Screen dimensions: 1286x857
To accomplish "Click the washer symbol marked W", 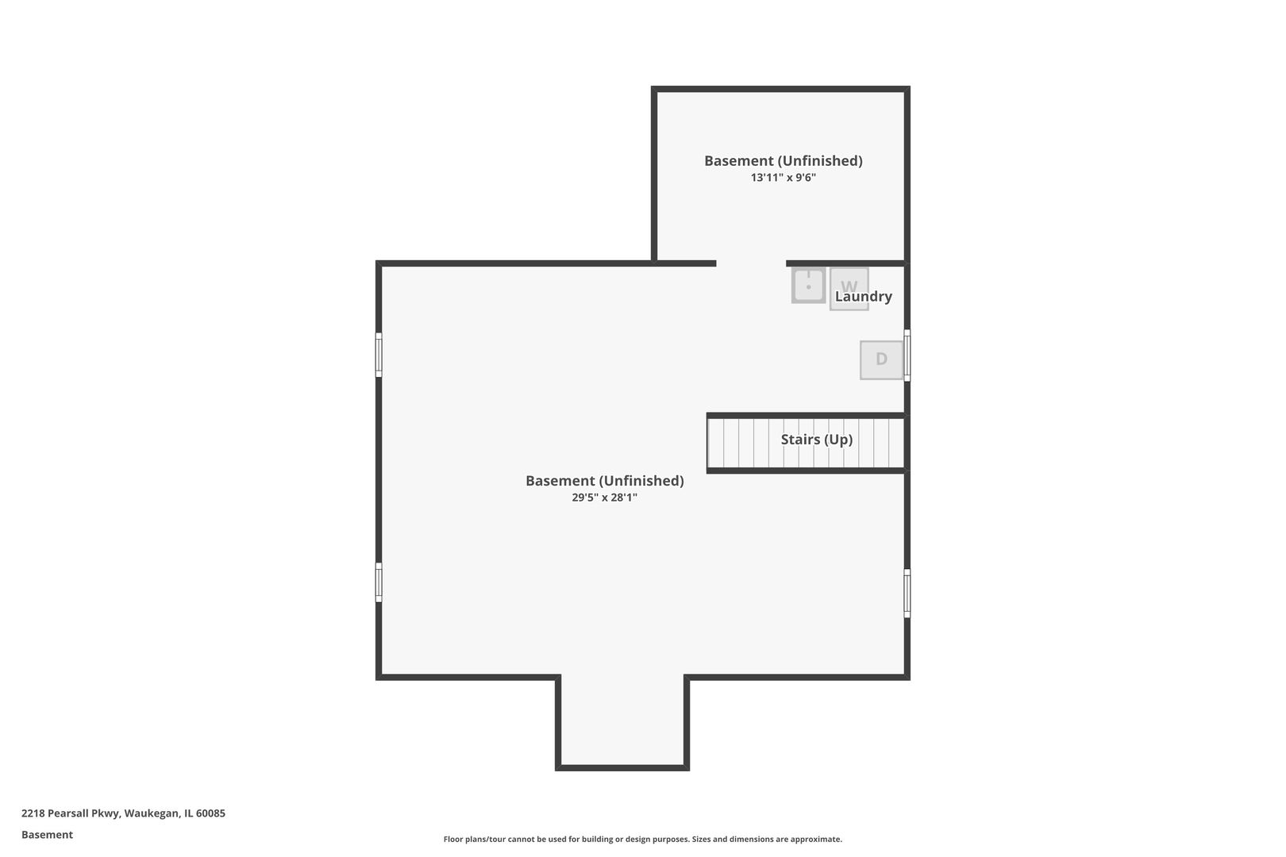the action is [849, 289].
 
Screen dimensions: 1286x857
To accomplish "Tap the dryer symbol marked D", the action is [881, 360].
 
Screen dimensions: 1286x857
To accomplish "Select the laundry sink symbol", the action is [808, 285].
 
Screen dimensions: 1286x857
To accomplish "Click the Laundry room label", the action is [863, 296].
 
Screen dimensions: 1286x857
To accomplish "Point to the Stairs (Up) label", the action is [816, 439].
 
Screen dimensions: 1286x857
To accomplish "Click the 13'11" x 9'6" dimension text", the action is [783, 178].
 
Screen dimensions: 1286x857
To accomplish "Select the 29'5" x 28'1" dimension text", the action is [605, 497].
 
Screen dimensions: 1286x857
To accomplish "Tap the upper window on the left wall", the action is [379, 355].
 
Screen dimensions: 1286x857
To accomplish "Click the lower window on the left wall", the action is [379, 582].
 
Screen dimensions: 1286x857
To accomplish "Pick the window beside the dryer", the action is [907, 355].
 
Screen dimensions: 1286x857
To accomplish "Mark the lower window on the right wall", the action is [907, 593].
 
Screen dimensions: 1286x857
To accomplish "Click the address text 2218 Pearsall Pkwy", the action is [71, 813].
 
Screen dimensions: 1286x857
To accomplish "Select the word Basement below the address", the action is [47, 835].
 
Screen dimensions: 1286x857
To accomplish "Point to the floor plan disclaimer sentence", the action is [642, 840].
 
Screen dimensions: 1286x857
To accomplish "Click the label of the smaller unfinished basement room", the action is [783, 161].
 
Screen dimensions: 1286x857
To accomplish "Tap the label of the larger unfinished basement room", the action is [605, 480].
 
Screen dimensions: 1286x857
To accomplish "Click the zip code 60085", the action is [210, 813].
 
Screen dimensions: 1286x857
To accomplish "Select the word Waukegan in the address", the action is [152, 813].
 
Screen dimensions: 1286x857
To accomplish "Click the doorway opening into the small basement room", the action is [751, 263].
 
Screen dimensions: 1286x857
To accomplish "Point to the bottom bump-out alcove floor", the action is [622, 721].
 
